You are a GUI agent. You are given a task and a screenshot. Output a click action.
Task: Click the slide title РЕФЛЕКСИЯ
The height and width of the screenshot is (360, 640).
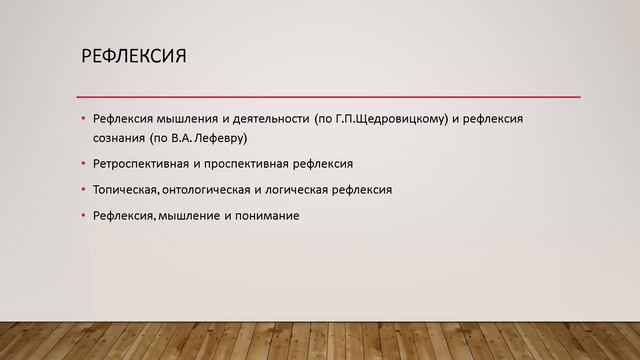(x=134, y=54)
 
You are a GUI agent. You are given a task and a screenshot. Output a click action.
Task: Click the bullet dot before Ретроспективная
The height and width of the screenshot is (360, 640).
(x=84, y=163)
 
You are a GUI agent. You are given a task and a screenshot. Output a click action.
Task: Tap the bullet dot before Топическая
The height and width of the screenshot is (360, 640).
(x=84, y=189)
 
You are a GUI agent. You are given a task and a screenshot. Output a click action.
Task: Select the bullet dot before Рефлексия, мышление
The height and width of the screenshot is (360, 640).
(x=84, y=215)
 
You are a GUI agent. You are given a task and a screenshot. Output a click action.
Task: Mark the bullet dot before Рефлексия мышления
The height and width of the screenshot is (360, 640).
(x=84, y=119)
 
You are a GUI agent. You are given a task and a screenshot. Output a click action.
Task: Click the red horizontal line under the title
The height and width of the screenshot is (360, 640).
(x=330, y=96)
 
